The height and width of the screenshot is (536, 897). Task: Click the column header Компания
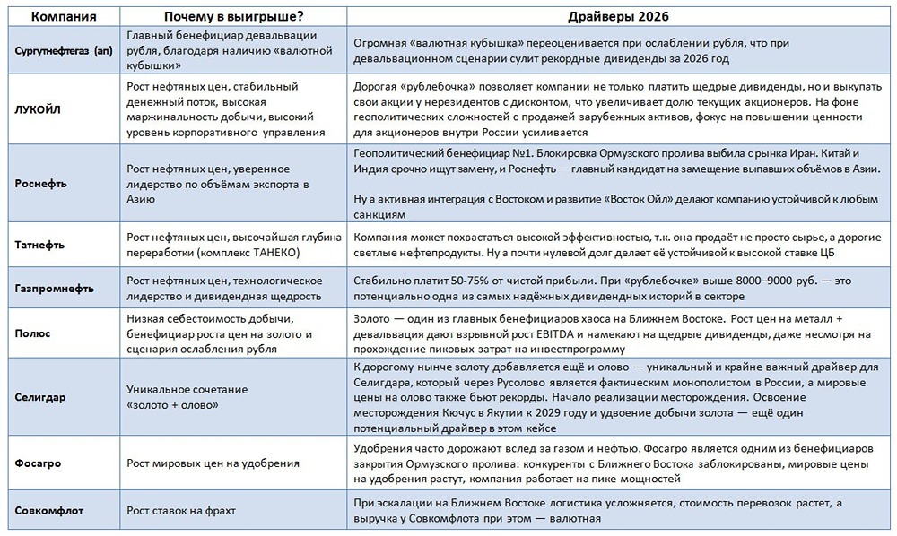(60, 17)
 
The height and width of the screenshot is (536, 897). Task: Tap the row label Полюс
(32, 333)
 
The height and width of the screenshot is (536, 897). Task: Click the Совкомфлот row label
(49, 511)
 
